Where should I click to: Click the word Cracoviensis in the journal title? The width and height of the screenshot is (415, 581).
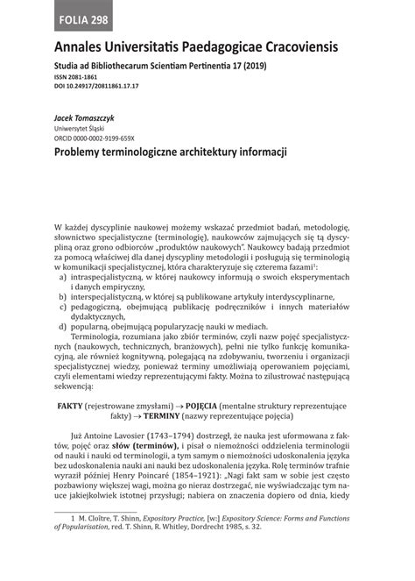tap(288, 45)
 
